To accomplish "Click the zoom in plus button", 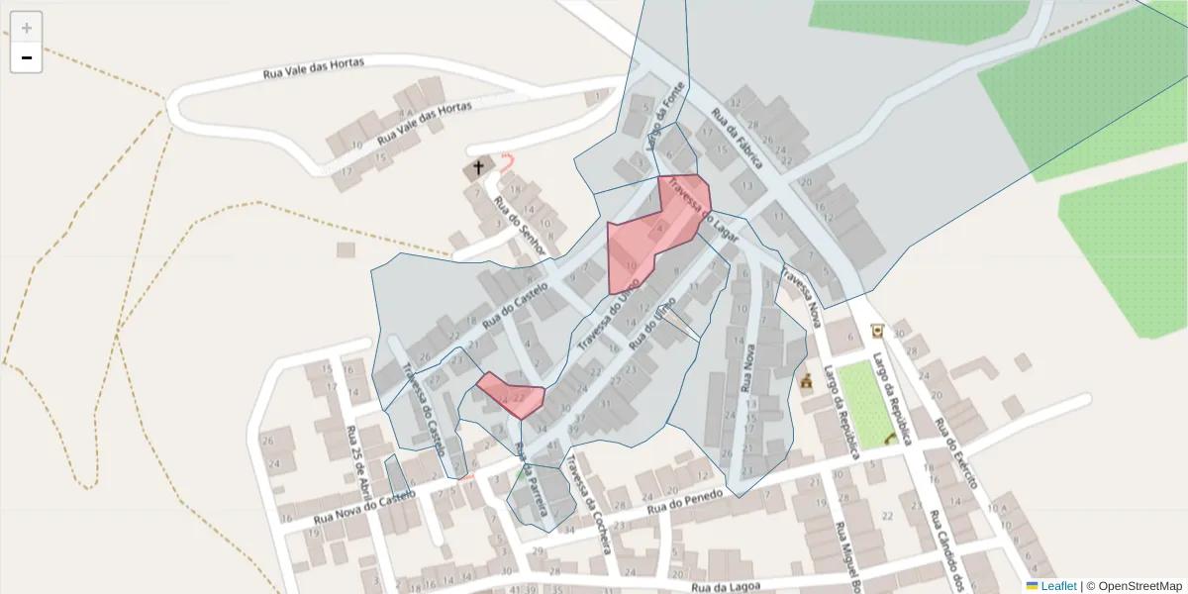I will click(27, 28).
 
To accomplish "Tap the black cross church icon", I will click(479, 167).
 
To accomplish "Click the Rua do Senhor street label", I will click(519, 228).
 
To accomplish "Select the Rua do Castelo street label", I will click(514, 305).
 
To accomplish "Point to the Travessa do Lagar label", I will click(703, 209).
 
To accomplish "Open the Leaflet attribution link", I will click(1057, 586).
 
